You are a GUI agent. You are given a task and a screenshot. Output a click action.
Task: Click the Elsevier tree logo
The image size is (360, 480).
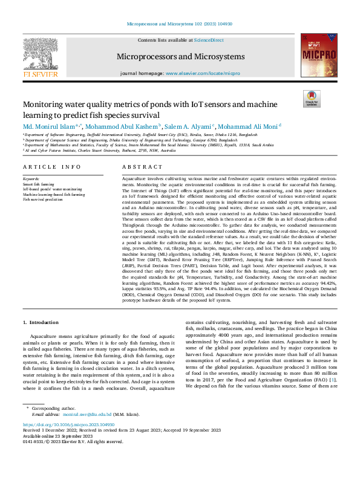41,59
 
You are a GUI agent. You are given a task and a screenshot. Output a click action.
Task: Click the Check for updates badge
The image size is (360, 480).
312,99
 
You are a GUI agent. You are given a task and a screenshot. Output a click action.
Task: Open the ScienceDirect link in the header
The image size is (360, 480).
209,41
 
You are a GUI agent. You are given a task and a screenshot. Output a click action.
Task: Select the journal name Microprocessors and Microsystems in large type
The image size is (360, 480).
180,56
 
